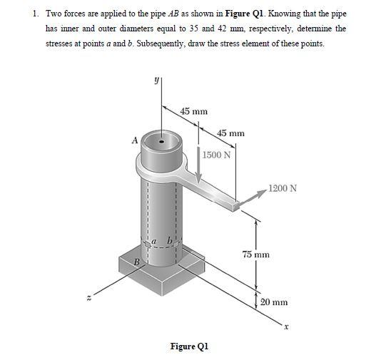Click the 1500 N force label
click(215, 155)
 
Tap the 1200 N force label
click(283, 188)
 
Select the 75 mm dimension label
click(255, 254)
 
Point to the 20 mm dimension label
click(274, 302)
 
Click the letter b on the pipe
click(169, 240)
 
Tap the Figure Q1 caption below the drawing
click(189, 346)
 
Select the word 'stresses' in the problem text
click(60, 43)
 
